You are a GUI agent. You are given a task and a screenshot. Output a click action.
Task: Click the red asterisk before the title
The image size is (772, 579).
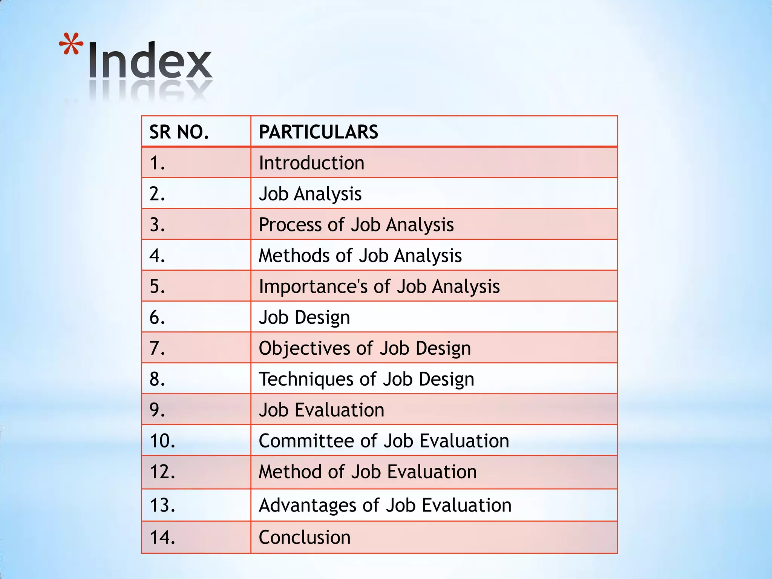(x=71, y=44)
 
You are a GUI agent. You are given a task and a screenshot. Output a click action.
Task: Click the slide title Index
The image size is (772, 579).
(x=150, y=60)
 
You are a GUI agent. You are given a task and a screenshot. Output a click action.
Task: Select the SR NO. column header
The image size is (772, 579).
(x=179, y=132)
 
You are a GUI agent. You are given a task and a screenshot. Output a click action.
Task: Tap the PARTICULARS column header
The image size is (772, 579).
(x=318, y=132)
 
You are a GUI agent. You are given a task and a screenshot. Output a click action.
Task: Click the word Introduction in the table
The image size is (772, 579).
(x=311, y=163)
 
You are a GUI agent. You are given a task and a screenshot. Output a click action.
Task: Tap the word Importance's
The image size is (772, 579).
(x=313, y=286)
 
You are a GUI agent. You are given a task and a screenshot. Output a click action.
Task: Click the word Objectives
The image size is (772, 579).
(x=304, y=348)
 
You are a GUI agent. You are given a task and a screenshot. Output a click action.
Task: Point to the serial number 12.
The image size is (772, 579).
(x=162, y=472)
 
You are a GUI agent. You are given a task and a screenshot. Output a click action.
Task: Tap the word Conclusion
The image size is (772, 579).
(x=305, y=538)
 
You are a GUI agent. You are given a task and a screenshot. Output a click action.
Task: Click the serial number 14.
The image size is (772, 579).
(x=162, y=538)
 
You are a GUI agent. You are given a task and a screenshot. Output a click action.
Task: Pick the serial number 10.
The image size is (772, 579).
(x=162, y=441)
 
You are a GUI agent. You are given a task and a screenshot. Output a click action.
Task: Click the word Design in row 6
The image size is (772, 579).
(x=322, y=318)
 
